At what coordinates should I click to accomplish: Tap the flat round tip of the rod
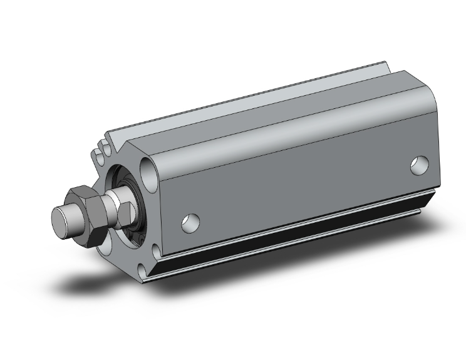point(60,219)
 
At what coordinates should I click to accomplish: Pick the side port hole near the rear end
point(419,165)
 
